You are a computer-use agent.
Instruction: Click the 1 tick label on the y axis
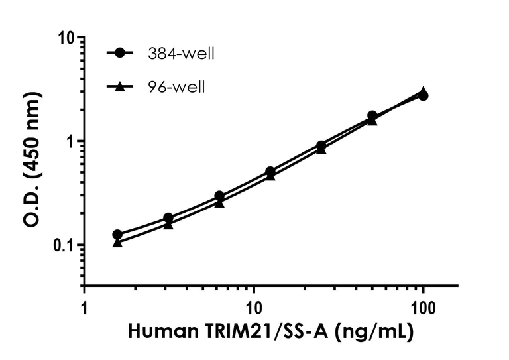[x=68, y=141]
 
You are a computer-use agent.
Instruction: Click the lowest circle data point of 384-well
[x=117, y=235]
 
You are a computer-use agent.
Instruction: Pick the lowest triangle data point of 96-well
[x=117, y=243]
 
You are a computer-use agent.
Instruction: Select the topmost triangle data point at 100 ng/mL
[x=423, y=91]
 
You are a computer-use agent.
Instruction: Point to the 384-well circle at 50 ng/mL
[x=372, y=116]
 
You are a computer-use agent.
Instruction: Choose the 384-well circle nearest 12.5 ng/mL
[x=270, y=172]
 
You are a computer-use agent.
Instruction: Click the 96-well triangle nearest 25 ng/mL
[x=321, y=149]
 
